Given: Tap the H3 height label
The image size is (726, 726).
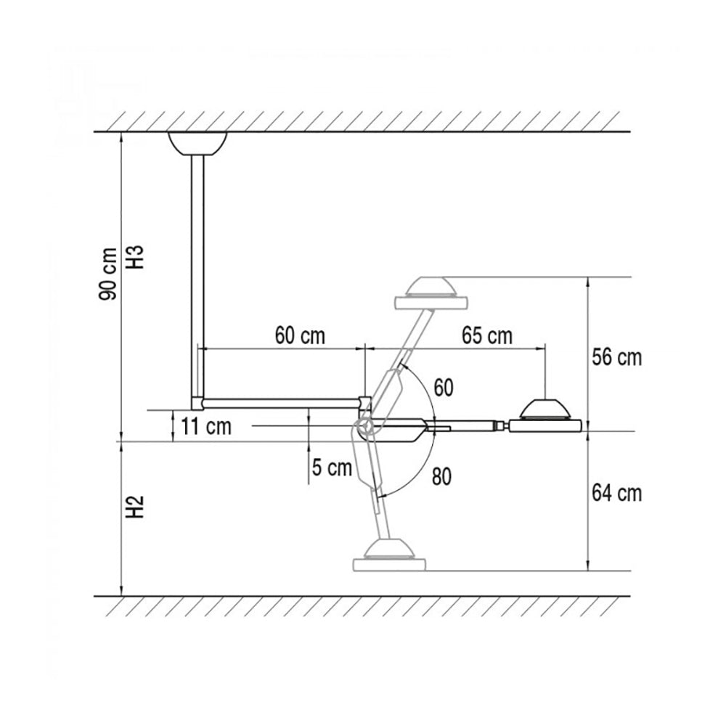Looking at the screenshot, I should point(137,256).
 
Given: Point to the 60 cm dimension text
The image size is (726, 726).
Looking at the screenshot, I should point(300,336).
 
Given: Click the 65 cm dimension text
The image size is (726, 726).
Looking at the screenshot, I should point(486,336).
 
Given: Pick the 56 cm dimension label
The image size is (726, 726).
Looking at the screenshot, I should point(617,357).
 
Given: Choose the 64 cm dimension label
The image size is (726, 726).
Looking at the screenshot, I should point(617,494).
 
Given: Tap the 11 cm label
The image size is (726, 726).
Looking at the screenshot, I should point(206,426).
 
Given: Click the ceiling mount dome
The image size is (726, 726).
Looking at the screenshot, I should point(197,142).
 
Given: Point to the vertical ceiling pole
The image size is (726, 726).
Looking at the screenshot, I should point(197,276).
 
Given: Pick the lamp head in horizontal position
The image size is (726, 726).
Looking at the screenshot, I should point(546,418).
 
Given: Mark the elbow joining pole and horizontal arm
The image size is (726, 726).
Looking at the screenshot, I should point(197,401).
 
